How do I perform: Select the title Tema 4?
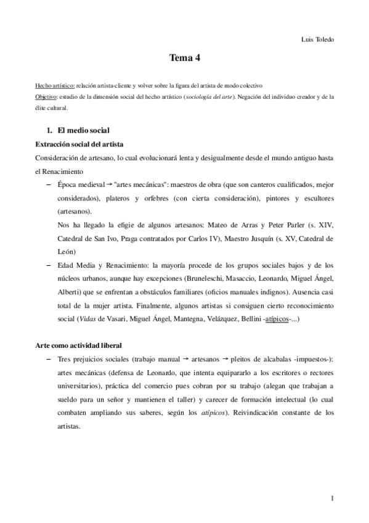tap(184, 59)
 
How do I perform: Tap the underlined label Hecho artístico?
tap(55, 84)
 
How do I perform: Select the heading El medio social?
tap(83, 131)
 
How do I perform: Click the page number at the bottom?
tap(331, 498)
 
